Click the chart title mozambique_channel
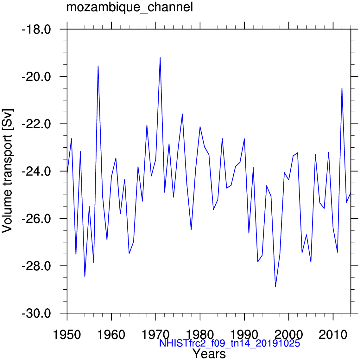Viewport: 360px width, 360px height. click(x=129, y=7)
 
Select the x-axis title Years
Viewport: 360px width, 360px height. click(x=209, y=353)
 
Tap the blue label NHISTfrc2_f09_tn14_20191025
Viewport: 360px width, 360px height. click(x=230, y=344)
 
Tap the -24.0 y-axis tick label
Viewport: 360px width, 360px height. click(x=36, y=171)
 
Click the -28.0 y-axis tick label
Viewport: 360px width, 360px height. click(x=36, y=266)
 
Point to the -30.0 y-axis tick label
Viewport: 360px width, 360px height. click(x=36, y=313)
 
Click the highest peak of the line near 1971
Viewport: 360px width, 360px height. click(x=160, y=57)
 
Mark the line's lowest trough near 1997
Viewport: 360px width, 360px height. click(x=275, y=287)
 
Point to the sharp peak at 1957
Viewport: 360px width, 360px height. click(x=98, y=66)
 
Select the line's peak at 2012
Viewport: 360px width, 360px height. click(x=342, y=88)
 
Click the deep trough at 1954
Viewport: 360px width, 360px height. click(x=85, y=277)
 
